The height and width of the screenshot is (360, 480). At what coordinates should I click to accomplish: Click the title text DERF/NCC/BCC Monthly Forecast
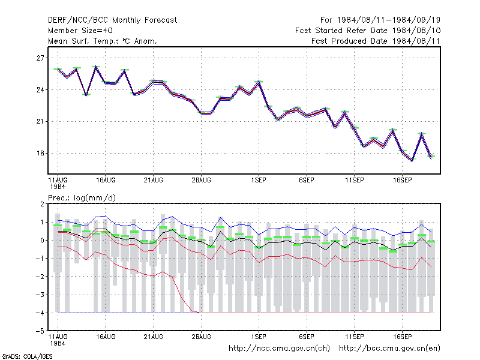point(112,20)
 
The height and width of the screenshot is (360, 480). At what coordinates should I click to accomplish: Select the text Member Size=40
point(80,31)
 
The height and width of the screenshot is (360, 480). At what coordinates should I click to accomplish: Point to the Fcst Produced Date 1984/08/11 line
point(376,41)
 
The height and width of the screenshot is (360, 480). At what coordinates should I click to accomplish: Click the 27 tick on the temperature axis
point(40,58)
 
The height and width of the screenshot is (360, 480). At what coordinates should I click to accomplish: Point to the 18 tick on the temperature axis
point(40,154)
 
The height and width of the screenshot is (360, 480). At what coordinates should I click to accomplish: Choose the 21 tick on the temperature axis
point(40,122)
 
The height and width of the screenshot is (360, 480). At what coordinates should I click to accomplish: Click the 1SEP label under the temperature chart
point(259,180)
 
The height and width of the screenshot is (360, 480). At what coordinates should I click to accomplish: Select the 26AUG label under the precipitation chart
point(201,337)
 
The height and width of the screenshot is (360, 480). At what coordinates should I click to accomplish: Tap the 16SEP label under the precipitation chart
point(402,337)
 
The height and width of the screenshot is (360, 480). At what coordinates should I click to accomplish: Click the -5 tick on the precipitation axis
point(40,331)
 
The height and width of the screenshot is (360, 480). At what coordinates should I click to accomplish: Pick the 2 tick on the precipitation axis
point(42,204)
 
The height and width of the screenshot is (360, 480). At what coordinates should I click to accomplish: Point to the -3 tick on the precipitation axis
point(40,295)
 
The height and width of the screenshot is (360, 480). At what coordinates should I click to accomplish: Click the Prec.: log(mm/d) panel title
point(82,198)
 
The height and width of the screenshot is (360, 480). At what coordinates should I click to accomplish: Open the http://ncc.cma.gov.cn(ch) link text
point(279,349)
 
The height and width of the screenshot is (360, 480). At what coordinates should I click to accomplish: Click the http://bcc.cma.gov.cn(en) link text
point(389,349)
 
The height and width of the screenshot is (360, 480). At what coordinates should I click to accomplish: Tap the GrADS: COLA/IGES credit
point(28,356)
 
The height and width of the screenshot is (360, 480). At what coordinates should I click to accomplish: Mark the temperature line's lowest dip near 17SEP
point(412,160)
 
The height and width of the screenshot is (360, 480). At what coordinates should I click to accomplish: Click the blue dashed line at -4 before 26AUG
point(128,313)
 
